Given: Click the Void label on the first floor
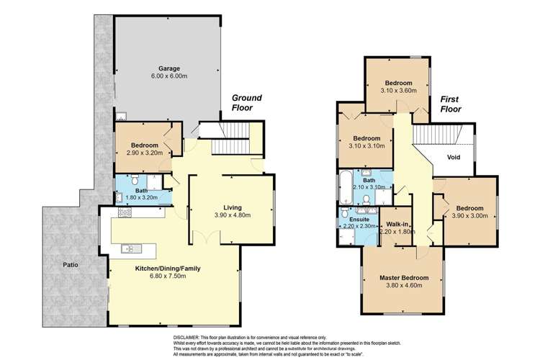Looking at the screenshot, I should tap(453, 156).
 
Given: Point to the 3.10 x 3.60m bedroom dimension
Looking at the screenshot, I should tap(398, 91).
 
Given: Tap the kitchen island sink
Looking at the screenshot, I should tap(131, 249).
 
